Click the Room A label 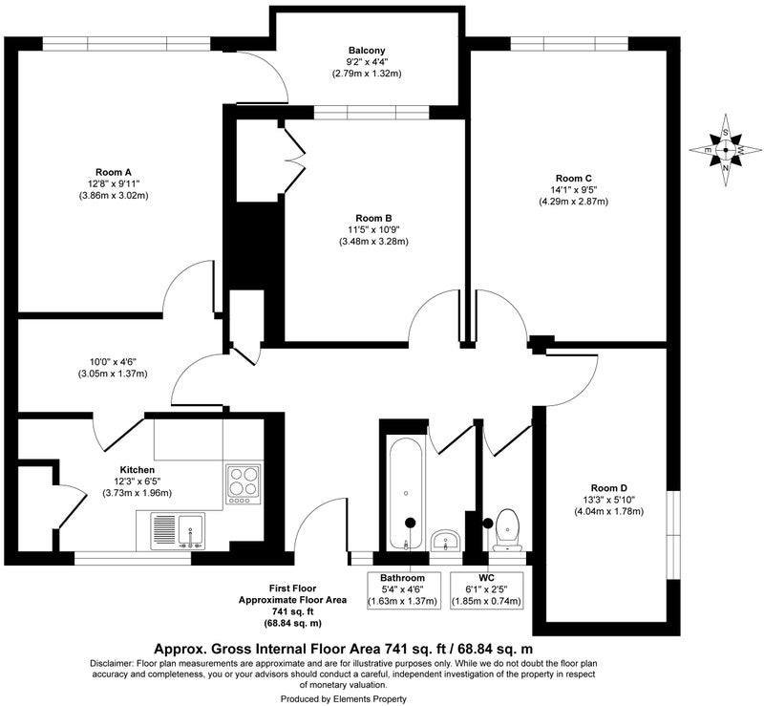coord(113,172)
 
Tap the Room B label coord(373,218)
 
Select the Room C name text coord(574,179)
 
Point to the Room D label coord(609,488)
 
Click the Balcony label coord(367,51)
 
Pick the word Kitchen coord(138,470)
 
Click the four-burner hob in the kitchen coord(244,484)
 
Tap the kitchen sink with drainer coord(178,531)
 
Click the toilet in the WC coord(508,529)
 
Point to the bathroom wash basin coord(446,540)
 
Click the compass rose coord(726,150)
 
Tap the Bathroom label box coord(404,590)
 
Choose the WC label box coord(486,590)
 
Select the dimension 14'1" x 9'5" coord(574,190)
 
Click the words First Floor coord(293,588)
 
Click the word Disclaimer coord(111,664)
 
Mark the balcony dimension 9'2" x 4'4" coord(367,62)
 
